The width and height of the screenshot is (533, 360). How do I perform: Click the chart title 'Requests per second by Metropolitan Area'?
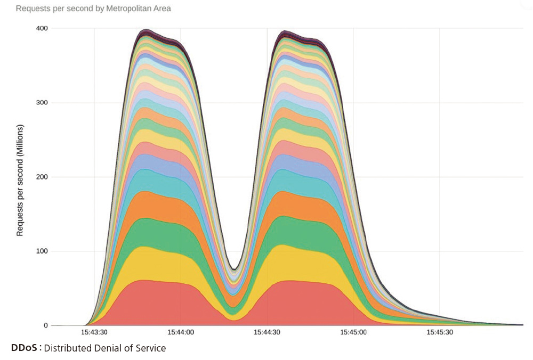tap(93, 9)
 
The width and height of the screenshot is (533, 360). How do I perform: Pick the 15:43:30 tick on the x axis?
tap(94, 332)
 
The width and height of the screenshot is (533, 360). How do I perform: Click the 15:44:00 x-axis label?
tap(181, 332)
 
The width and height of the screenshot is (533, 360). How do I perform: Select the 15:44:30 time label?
tap(267, 332)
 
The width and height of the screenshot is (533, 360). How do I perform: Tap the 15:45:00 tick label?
tap(353, 332)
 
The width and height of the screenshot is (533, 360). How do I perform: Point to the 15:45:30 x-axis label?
tap(440, 332)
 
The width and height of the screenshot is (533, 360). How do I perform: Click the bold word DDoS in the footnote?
tap(23, 348)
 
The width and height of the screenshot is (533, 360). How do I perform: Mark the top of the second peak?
tap(285, 31)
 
